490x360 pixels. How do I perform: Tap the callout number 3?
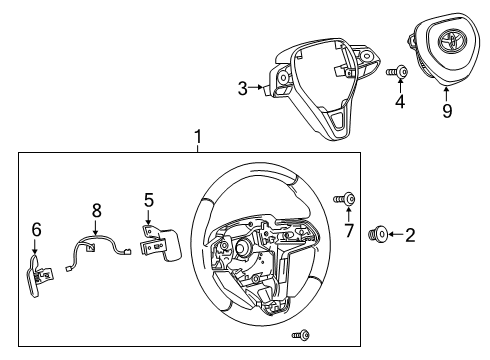(x=242, y=88)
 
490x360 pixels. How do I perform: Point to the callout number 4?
(x=400, y=102)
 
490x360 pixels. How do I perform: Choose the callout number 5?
(x=148, y=199)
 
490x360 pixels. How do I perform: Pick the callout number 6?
(x=36, y=229)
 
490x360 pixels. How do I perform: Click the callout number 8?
(x=97, y=211)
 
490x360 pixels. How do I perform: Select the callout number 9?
(x=447, y=111)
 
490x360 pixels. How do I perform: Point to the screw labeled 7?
(x=350, y=199)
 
